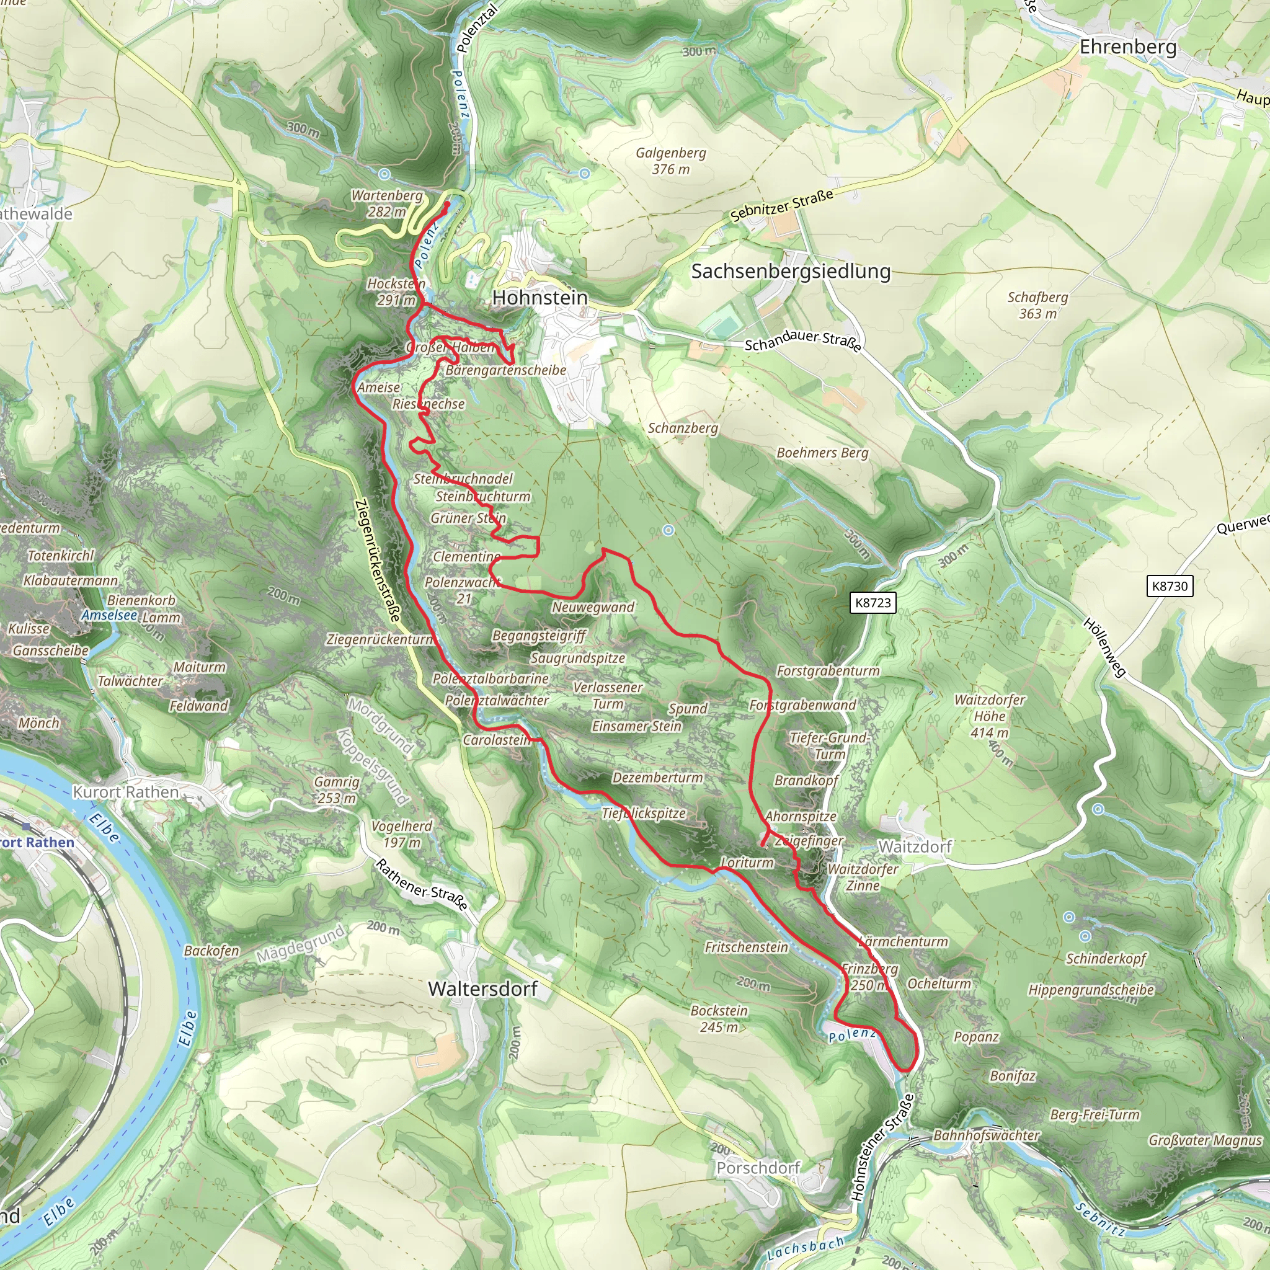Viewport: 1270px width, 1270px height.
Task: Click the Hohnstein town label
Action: tap(540, 298)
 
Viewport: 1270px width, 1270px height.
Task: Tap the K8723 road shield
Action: tap(873, 603)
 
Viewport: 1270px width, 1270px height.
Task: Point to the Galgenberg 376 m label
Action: tap(670, 161)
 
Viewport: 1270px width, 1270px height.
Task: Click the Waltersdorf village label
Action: tap(482, 988)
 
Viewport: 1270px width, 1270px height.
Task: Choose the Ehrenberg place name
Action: tap(1128, 47)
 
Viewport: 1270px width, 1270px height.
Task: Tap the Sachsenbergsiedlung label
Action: tap(791, 271)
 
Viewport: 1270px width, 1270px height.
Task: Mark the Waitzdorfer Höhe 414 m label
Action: tap(989, 716)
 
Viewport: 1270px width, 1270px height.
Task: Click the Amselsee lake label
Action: tap(109, 615)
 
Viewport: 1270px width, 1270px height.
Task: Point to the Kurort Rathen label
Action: tap(125, 792)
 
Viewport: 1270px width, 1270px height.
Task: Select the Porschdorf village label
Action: tap(758, 1168)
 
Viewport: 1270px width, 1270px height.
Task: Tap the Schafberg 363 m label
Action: tap(1037, 305)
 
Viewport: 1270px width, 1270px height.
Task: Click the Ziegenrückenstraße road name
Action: tap(377, 560)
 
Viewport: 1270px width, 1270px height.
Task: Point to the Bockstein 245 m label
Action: tap(719, 1018)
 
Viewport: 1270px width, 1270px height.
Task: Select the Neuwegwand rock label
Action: tap(593, 606)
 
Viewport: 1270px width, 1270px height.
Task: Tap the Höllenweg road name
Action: tap(1104, 647)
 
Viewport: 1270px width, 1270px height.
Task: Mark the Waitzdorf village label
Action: tap(915, 846)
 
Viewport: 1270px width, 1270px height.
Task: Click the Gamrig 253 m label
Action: tap(337, 789)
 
